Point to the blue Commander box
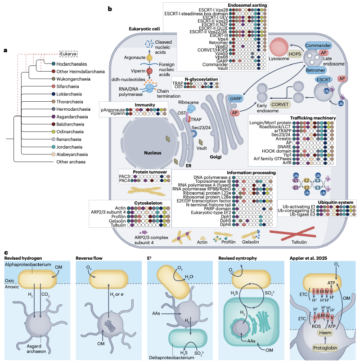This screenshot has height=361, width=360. coord(318,46)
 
